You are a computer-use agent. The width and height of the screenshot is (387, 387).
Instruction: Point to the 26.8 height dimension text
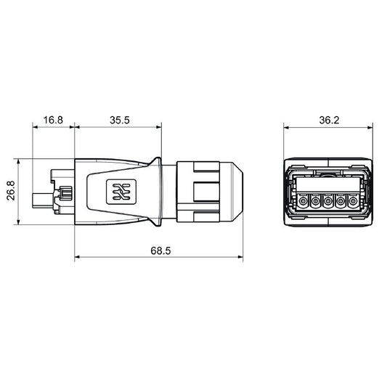tap(9, 192)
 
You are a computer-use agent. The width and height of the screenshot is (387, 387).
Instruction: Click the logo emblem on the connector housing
tap(118, 192)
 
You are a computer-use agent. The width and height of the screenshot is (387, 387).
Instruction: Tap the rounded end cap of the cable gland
tap(232, 192)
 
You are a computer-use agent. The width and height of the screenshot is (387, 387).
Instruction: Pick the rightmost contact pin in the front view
tap(353, 201)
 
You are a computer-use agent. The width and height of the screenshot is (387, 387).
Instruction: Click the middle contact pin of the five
tap(327, 201)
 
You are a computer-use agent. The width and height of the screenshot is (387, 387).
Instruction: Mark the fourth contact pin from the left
tap(341, 201)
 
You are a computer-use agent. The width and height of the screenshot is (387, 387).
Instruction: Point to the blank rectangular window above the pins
tap(327, 182)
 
